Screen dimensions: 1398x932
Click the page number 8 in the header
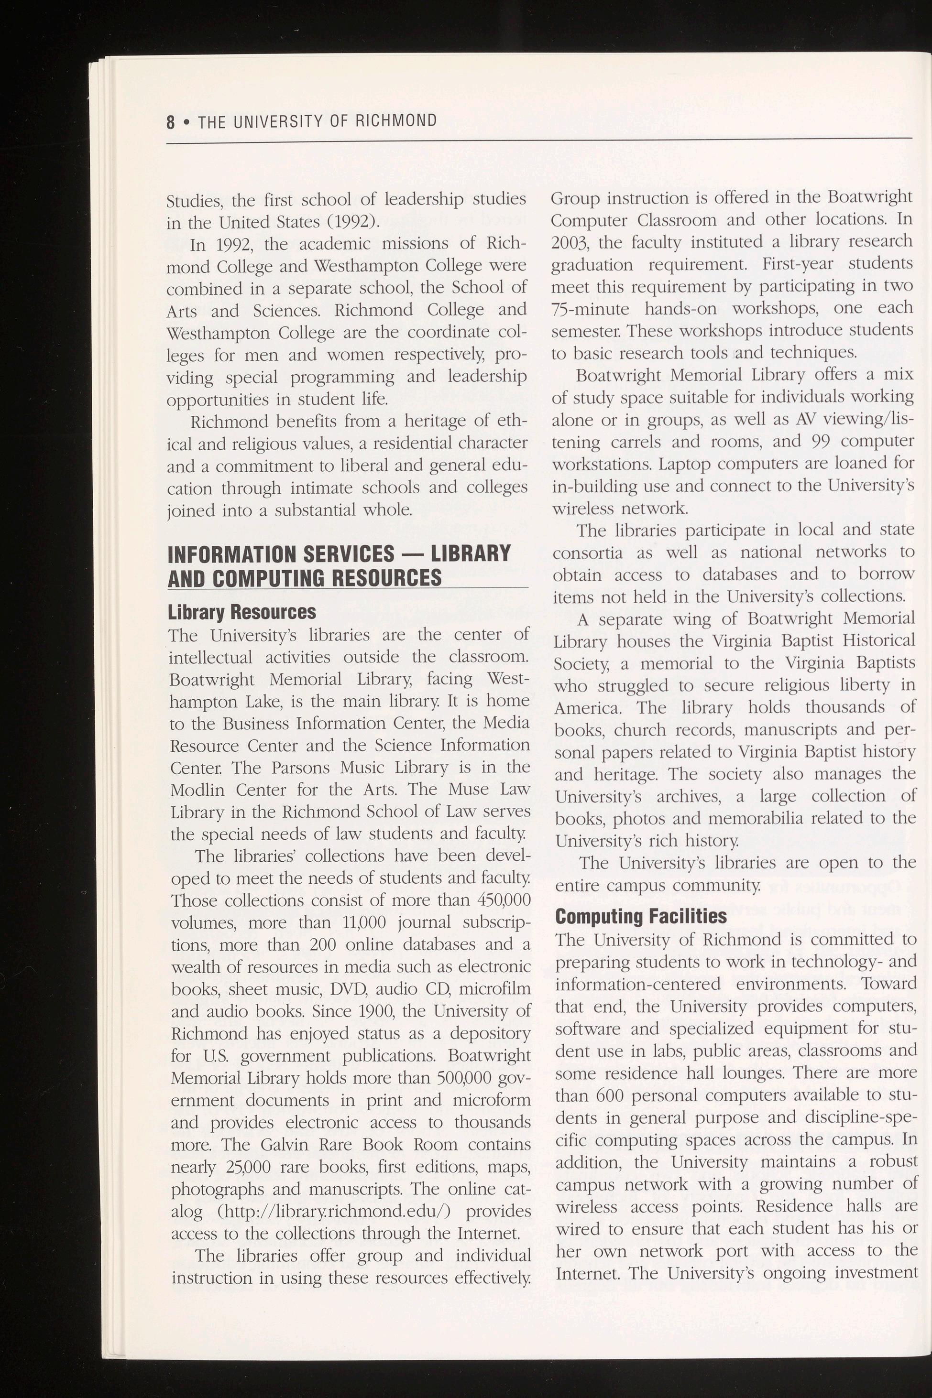pos(171,122)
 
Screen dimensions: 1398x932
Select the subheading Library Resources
pos(241,612)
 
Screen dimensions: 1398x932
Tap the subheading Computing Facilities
pos(641,916)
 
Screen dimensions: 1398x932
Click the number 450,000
pos(504,900)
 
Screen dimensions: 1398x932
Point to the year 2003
pos(570,242)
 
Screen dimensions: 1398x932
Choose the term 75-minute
pos(590,309)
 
